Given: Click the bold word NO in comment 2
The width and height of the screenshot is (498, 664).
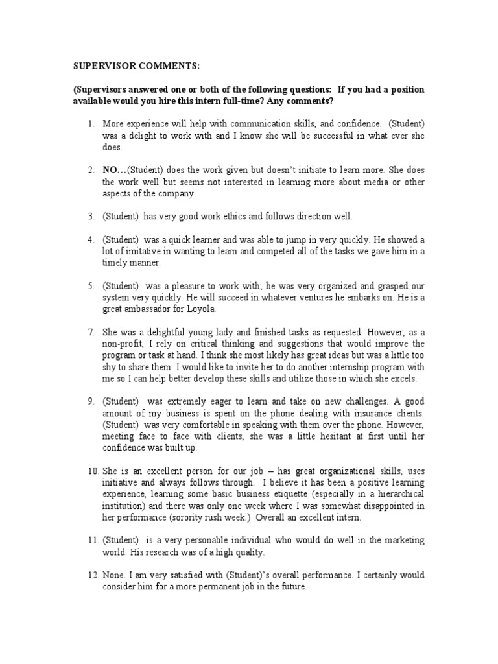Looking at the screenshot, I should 110,170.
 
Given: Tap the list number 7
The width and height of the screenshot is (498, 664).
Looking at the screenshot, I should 91,332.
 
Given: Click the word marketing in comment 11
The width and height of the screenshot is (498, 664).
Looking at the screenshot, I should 404,541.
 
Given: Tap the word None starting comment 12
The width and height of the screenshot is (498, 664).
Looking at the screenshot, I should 113,575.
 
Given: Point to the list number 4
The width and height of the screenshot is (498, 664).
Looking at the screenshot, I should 91,240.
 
